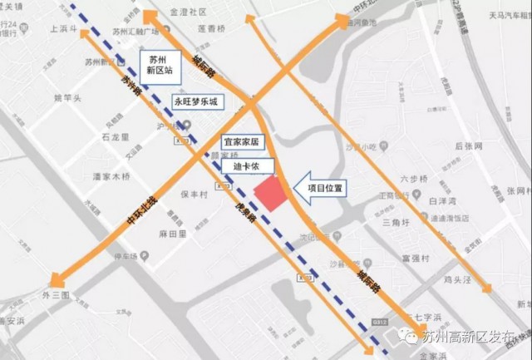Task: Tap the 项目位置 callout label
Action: [x=323, y=188]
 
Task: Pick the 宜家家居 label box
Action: [x=243, y=143]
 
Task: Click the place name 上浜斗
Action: [x=64, y=29]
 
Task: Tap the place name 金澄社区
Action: [x=187, y=13]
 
